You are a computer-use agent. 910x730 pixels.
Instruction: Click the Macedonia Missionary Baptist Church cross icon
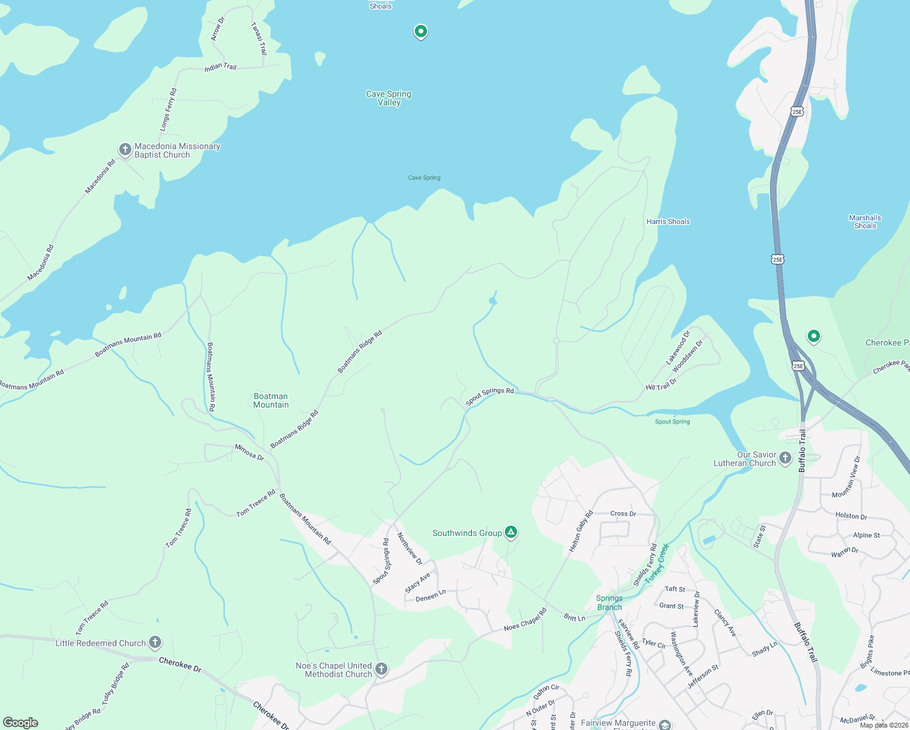coord(125,150)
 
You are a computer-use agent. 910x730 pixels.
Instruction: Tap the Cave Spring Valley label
coord(389,98)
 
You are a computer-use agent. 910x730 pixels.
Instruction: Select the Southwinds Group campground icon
coord(512,533)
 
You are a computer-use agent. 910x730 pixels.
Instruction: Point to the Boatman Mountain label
coord(271,400)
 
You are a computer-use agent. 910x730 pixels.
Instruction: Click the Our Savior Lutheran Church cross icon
coord(785,458)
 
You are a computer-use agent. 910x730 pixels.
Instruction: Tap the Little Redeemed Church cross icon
coord(155,642)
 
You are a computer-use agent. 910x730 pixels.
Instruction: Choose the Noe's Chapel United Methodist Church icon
coord(381,669)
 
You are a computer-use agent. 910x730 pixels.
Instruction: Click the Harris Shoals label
coord(668,221)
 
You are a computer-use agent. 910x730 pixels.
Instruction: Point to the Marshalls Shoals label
coord(865,221)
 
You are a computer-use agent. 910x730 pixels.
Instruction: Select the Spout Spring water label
coord(672,422)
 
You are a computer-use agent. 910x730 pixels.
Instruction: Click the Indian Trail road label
coord(220,66)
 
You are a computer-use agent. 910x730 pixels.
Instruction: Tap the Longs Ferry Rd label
coord(168,109)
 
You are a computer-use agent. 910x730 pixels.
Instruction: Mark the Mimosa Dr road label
coord(249,452)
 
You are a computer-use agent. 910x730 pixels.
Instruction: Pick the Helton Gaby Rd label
coord(581,532)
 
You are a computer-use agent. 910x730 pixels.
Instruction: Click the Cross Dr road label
coord(623,513)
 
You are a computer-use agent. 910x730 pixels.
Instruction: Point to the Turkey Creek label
coord(657,563)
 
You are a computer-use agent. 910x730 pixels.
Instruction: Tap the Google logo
coord(21,723)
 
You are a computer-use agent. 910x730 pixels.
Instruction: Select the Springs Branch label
coord(609,602)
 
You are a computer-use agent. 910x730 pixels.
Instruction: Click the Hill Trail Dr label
coord(661,384)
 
